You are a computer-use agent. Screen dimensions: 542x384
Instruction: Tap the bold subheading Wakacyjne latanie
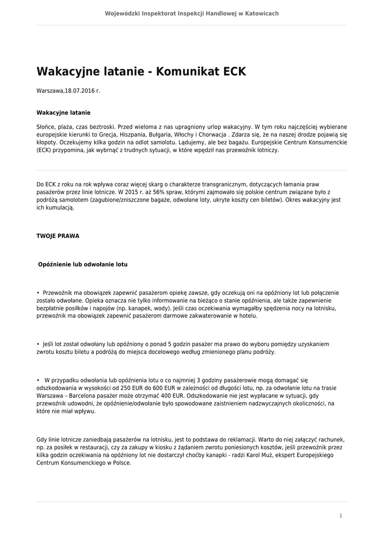[x=63, y=113]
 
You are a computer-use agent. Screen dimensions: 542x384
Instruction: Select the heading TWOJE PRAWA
[x=58, y=236]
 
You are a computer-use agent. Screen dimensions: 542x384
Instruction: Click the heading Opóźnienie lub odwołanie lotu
[x=83, y=264]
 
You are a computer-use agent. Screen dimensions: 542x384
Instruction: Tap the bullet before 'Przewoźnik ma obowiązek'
[x=38, y=293]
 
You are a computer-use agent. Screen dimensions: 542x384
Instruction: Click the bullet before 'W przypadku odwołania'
[x=38, y=380]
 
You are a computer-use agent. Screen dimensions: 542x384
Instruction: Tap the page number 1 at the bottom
[x=341, y=515]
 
